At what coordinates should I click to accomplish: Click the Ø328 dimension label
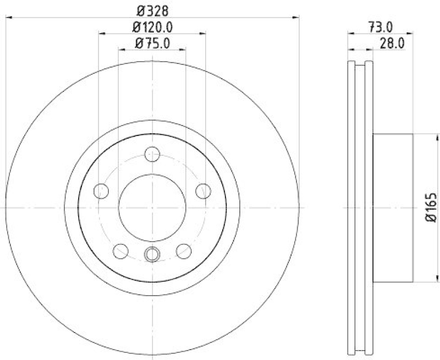point(152,10)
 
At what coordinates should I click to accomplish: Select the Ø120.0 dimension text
point(152,26)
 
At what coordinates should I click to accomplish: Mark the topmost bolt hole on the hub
point(152,154)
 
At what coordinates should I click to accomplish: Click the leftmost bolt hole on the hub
point(101,191)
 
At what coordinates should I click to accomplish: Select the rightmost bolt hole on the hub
point(204,191)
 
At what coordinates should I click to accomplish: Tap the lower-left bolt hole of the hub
point(120,251)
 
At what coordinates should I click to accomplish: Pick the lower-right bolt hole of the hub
point(184,251)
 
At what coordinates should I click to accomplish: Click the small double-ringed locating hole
point(152,254)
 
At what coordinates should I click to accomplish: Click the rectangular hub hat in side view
point(393,208)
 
